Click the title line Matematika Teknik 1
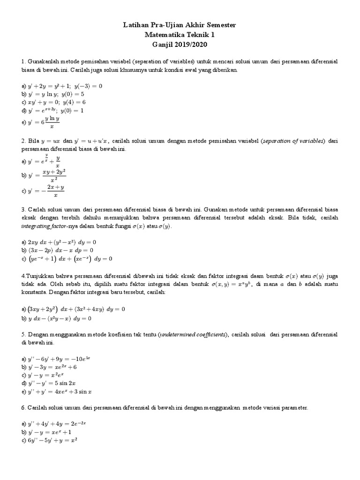(180, 35)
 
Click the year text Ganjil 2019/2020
(180, 45)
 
